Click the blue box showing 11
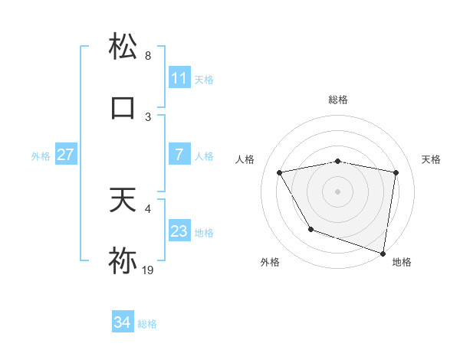coord(179,78)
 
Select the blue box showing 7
coord(179,155)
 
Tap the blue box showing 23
coord(179,231)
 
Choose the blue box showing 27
coord(65,155)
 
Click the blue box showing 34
coord(122,323)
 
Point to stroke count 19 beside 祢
coord(148,270)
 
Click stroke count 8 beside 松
coord(148,55)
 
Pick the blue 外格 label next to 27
coord(41,155)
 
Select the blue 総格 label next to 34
coord(147,324)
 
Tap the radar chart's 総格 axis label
coord(338,100)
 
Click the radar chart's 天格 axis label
coord(432,159)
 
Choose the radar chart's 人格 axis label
coord(245,159)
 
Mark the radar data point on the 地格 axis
coord(383,252)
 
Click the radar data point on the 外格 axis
coord(310,229)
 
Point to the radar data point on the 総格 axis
coord(338,162)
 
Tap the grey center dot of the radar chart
coord(338,191)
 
